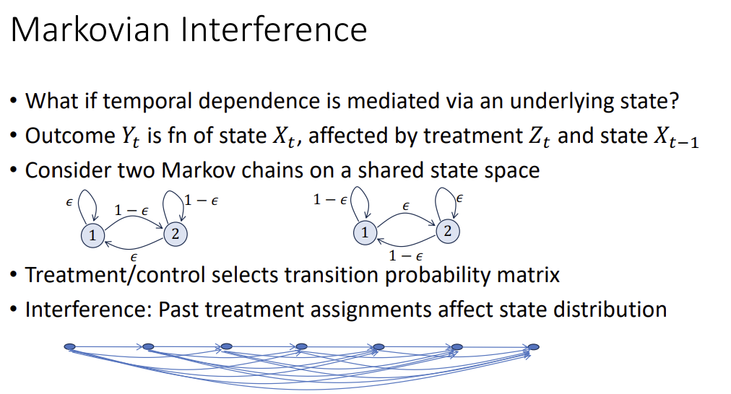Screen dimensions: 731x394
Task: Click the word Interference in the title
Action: [274, 29]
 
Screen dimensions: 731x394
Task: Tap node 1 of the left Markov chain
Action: [92, 235]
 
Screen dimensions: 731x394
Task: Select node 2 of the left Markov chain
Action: [176, 233]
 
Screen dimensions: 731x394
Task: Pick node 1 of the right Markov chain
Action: [365, 232]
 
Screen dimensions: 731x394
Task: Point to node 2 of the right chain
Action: [448, 230]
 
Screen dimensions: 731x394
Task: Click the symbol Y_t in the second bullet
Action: [130, 137]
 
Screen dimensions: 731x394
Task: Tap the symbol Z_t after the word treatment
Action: [539, 137]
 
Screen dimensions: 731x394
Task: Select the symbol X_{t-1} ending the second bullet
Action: [676, 137]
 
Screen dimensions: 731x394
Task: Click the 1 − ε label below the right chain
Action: [406, 255]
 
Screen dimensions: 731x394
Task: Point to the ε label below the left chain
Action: [134, 257]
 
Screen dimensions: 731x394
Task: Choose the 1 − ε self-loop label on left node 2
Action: [202, 201]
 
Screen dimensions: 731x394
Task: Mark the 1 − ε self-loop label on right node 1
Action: [330, 200]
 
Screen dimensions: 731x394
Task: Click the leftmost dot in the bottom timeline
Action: [69, 346]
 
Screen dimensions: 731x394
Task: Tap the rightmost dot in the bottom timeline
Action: [533, 347]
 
